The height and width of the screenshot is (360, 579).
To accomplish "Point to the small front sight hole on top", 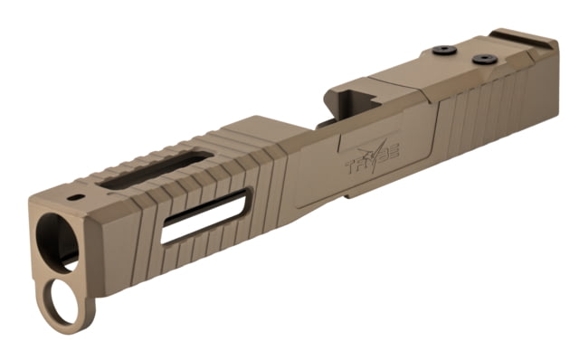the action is point(75,197).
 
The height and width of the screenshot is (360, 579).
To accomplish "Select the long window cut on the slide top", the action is point(155,169).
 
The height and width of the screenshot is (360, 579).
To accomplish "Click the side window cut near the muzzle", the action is point(204,216).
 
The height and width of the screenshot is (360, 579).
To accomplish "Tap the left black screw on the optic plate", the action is point(443,51).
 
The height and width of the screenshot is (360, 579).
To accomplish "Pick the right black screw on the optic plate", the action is point(484,59).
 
